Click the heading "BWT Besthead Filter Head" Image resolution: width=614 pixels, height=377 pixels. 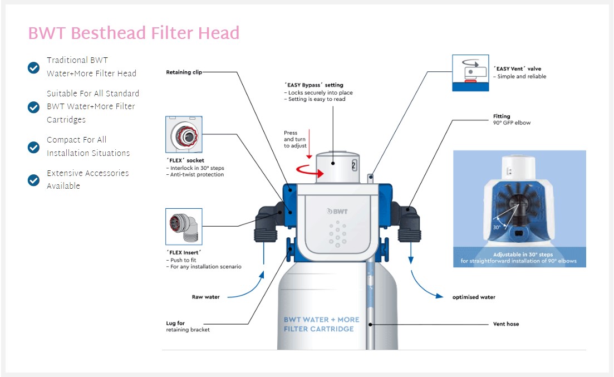click(134, 33)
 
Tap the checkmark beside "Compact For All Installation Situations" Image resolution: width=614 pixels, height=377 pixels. click(33, 147)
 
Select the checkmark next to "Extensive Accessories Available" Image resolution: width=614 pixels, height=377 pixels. click(33, 180)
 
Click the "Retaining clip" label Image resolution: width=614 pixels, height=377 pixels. click(183, 72)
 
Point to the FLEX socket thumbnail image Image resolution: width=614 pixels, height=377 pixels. click(184, 135)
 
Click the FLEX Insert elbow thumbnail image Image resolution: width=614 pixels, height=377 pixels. click(184, 227)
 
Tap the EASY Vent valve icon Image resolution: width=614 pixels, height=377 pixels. click(470, 72)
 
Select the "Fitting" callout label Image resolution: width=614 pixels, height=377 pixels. click(502, 116)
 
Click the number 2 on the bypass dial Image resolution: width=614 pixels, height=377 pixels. click(353, 165)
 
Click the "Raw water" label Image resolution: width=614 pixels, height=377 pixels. click(205, 297)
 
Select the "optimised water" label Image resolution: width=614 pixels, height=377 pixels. click(473, 297)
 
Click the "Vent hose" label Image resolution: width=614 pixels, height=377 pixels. click(505, 324)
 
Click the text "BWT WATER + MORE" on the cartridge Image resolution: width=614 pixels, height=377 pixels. click(321, 320)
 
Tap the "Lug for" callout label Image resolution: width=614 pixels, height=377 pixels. click(175, 323)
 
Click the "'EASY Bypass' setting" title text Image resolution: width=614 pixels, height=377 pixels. click(313, 85)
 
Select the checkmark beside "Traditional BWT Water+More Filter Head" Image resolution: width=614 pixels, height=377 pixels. click(33, 67)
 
